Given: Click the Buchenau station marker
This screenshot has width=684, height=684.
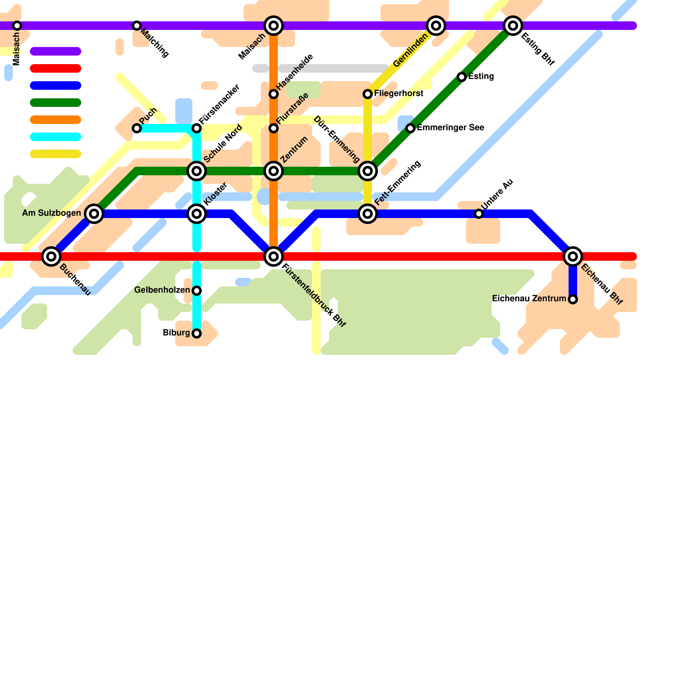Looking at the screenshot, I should pos(51,256).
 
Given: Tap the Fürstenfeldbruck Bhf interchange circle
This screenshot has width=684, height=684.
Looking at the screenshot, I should pos(274,256).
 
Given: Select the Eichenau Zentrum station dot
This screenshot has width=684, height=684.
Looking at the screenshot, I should pos(573,299).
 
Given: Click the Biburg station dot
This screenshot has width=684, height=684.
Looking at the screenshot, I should pos(197,333).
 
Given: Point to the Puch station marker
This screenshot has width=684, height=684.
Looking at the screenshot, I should pos(137,128).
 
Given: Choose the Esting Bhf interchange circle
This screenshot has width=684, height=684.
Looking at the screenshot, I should pos(513,26).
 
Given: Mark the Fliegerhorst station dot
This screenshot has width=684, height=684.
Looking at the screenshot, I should pos(368,94).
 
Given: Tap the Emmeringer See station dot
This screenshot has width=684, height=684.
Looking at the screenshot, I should pos(410,128).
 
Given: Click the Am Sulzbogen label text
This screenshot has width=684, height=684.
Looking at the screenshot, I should pos(51,213).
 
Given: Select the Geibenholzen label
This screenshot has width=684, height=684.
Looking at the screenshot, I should pos(162,290).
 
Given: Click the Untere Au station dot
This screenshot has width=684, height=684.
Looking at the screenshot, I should pos(479,214).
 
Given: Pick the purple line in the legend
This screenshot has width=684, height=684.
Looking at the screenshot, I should pos(56,51).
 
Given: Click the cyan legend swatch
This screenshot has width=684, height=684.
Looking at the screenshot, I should pos(56,137).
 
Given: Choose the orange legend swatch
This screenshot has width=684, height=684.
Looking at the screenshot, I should pos(56,120).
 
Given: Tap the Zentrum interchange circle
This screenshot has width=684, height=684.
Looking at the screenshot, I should pos(274,171).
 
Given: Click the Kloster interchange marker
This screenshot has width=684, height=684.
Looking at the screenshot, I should pos(197,214).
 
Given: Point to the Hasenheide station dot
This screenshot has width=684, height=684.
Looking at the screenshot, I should pos(274,94).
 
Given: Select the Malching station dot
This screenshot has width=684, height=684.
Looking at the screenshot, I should pos(137,26).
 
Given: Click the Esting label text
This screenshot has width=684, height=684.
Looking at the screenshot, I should pos(481,77).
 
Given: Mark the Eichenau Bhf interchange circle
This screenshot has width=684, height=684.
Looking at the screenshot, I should pos(573,256).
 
